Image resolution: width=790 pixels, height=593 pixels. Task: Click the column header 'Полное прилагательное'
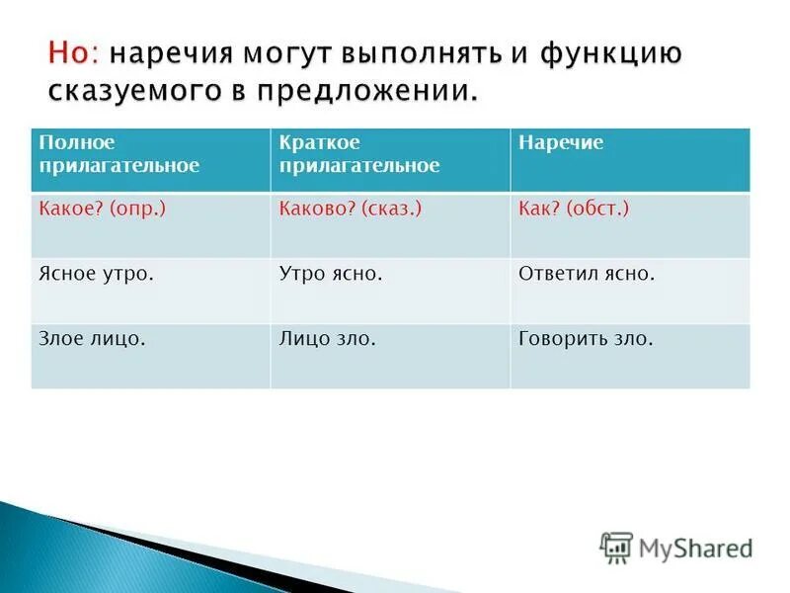coord(118,154)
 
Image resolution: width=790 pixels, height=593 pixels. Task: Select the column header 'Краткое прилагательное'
coord(359,154)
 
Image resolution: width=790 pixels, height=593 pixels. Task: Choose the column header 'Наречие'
coord(561,143)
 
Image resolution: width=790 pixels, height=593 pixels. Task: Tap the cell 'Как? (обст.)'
coord(574,209)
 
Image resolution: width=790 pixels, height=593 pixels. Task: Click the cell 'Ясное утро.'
coord(96,274)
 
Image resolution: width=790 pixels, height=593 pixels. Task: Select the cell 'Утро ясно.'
coord(331,274)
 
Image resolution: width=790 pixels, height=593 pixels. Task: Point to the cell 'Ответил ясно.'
coord(587,274)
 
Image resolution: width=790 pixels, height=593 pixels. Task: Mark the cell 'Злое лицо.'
coord(92,339)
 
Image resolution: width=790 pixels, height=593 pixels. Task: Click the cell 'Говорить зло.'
coord(586,339)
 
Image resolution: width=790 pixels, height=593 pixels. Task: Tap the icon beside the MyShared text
coord(616,548)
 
